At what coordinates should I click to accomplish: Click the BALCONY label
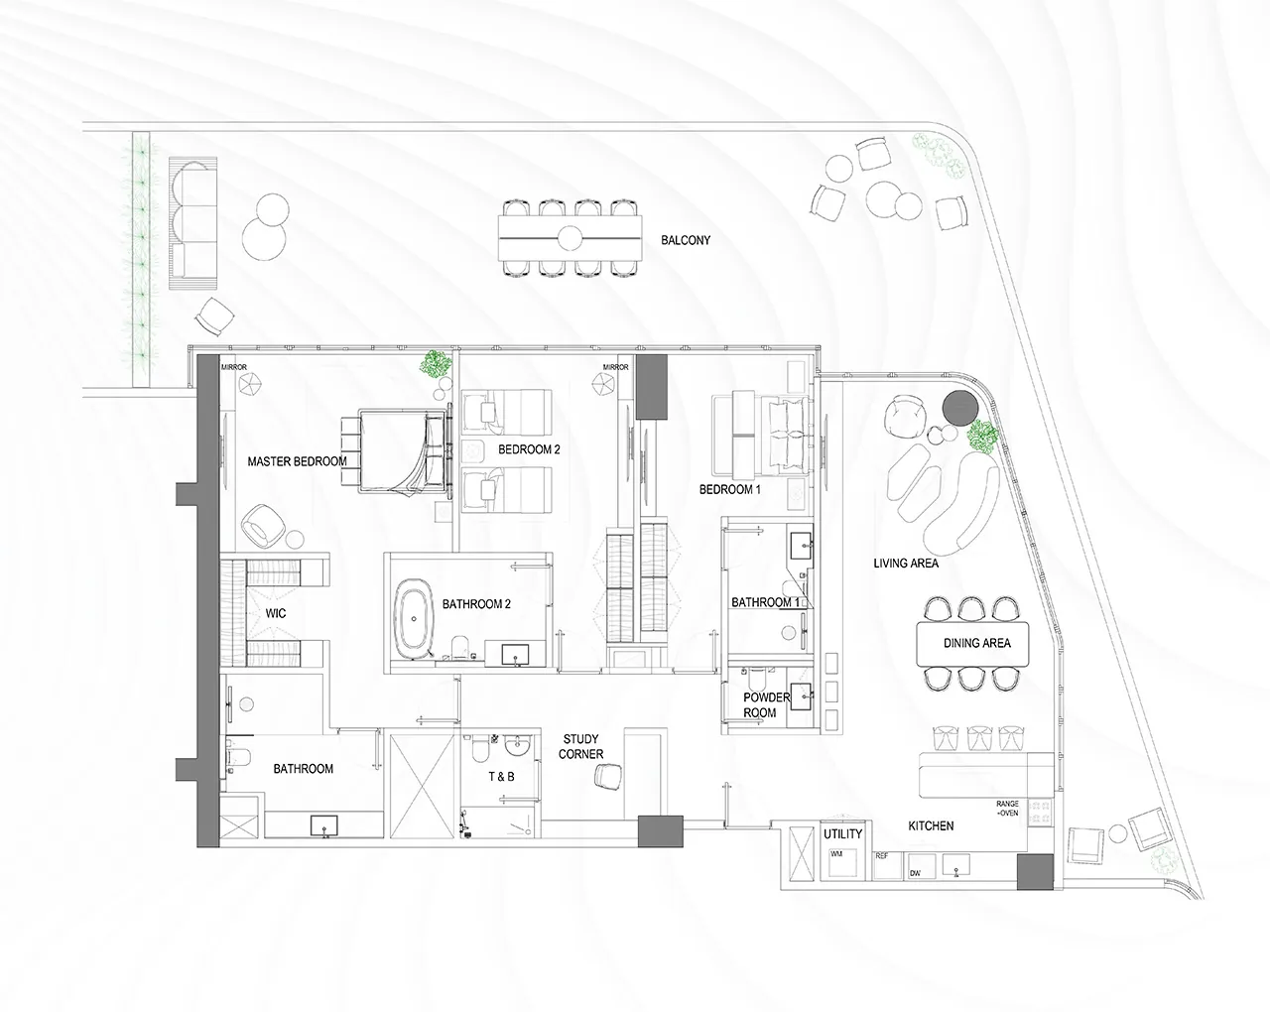[x=686, y=240]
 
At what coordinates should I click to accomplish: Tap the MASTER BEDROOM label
[x=297, y=461]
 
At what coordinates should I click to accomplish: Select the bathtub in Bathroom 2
[x=414, y=618]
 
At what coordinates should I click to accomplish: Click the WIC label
[x=276, y=613]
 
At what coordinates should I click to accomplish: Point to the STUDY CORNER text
[x=581, y=746]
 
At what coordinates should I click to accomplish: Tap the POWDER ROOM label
[x=766, y=705]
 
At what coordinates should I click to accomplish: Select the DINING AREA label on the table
[x=976, y=643]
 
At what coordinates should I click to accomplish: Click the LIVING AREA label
[x=906, y=564]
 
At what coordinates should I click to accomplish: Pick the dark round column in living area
[x=960, y=408]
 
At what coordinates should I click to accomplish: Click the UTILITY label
[x=842, y=833]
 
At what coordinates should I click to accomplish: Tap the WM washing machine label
[x=836, y=854]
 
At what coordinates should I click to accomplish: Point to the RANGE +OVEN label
[x=1007, y=809]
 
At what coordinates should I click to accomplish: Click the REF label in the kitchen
[x=882, y=855]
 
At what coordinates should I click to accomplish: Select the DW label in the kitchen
[x=916, y=873]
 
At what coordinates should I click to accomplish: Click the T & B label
[x=501, y=777]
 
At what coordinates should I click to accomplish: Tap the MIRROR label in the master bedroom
[x=234, y=367]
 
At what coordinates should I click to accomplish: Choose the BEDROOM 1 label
[x=730, y=489]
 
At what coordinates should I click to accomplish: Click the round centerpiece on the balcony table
[x=570, y=238]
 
